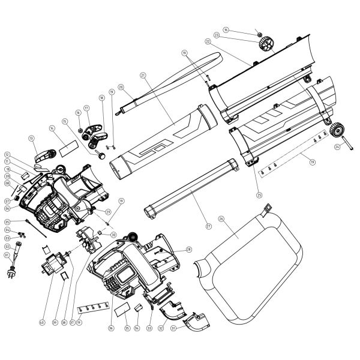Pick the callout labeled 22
tap(208, 41)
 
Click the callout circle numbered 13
tap(31, 138)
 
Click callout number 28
tap(188, 249)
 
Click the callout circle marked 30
tap(113, 235)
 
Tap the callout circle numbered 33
tap(148, 328)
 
